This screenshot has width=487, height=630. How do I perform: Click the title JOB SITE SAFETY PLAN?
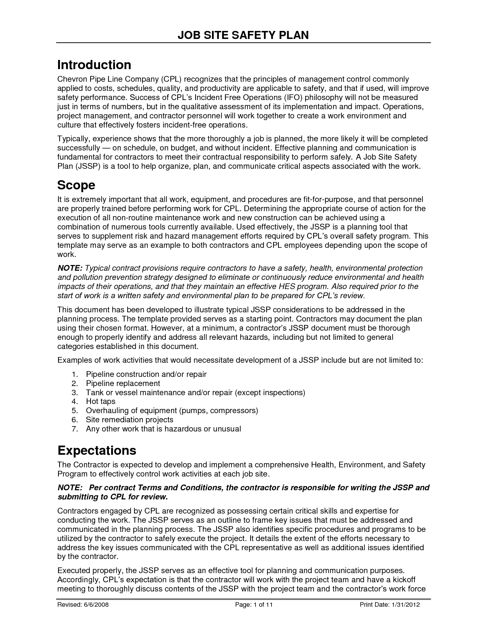pos(243,35)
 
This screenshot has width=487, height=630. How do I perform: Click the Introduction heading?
pos(94,65)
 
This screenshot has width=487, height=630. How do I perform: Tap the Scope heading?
pos(76,185)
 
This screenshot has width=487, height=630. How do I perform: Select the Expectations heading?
pos(97,451)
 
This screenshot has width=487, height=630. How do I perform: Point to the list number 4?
pos(74,401)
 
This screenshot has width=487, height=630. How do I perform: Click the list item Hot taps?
pos(100,401)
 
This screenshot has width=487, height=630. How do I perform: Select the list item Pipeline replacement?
pos(123,383)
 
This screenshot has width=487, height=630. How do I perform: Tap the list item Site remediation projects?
pos(129,420)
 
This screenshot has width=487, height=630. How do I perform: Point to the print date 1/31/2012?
pos(406,605)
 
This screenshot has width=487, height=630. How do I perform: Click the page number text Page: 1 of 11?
pos(254,605)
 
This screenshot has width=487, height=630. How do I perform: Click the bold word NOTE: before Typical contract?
pos(70,268)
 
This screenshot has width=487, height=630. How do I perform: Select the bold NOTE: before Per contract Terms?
pos(70,488)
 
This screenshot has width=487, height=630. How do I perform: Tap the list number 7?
pos(74,429)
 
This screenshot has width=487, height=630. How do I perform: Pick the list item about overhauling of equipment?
pos(172,410)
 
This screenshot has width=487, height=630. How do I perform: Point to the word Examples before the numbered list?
pos(73,360)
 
